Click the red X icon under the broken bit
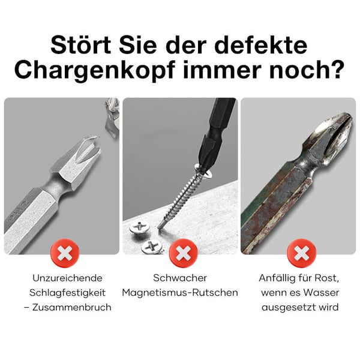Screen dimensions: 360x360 (x=65, y=253)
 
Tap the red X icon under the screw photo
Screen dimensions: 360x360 (x=180, y=253)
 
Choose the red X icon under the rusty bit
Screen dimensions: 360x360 (x=298, y=253)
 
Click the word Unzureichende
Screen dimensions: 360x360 (x=68, y=278)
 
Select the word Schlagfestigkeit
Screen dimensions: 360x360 (x=68, y=293)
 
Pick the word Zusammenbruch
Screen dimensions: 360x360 (x=74, y=307)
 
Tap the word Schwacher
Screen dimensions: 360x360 (x=180, y=278)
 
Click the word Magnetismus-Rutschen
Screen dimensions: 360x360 (x=180, y=293)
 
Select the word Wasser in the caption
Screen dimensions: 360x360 (x=322, y=293)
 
